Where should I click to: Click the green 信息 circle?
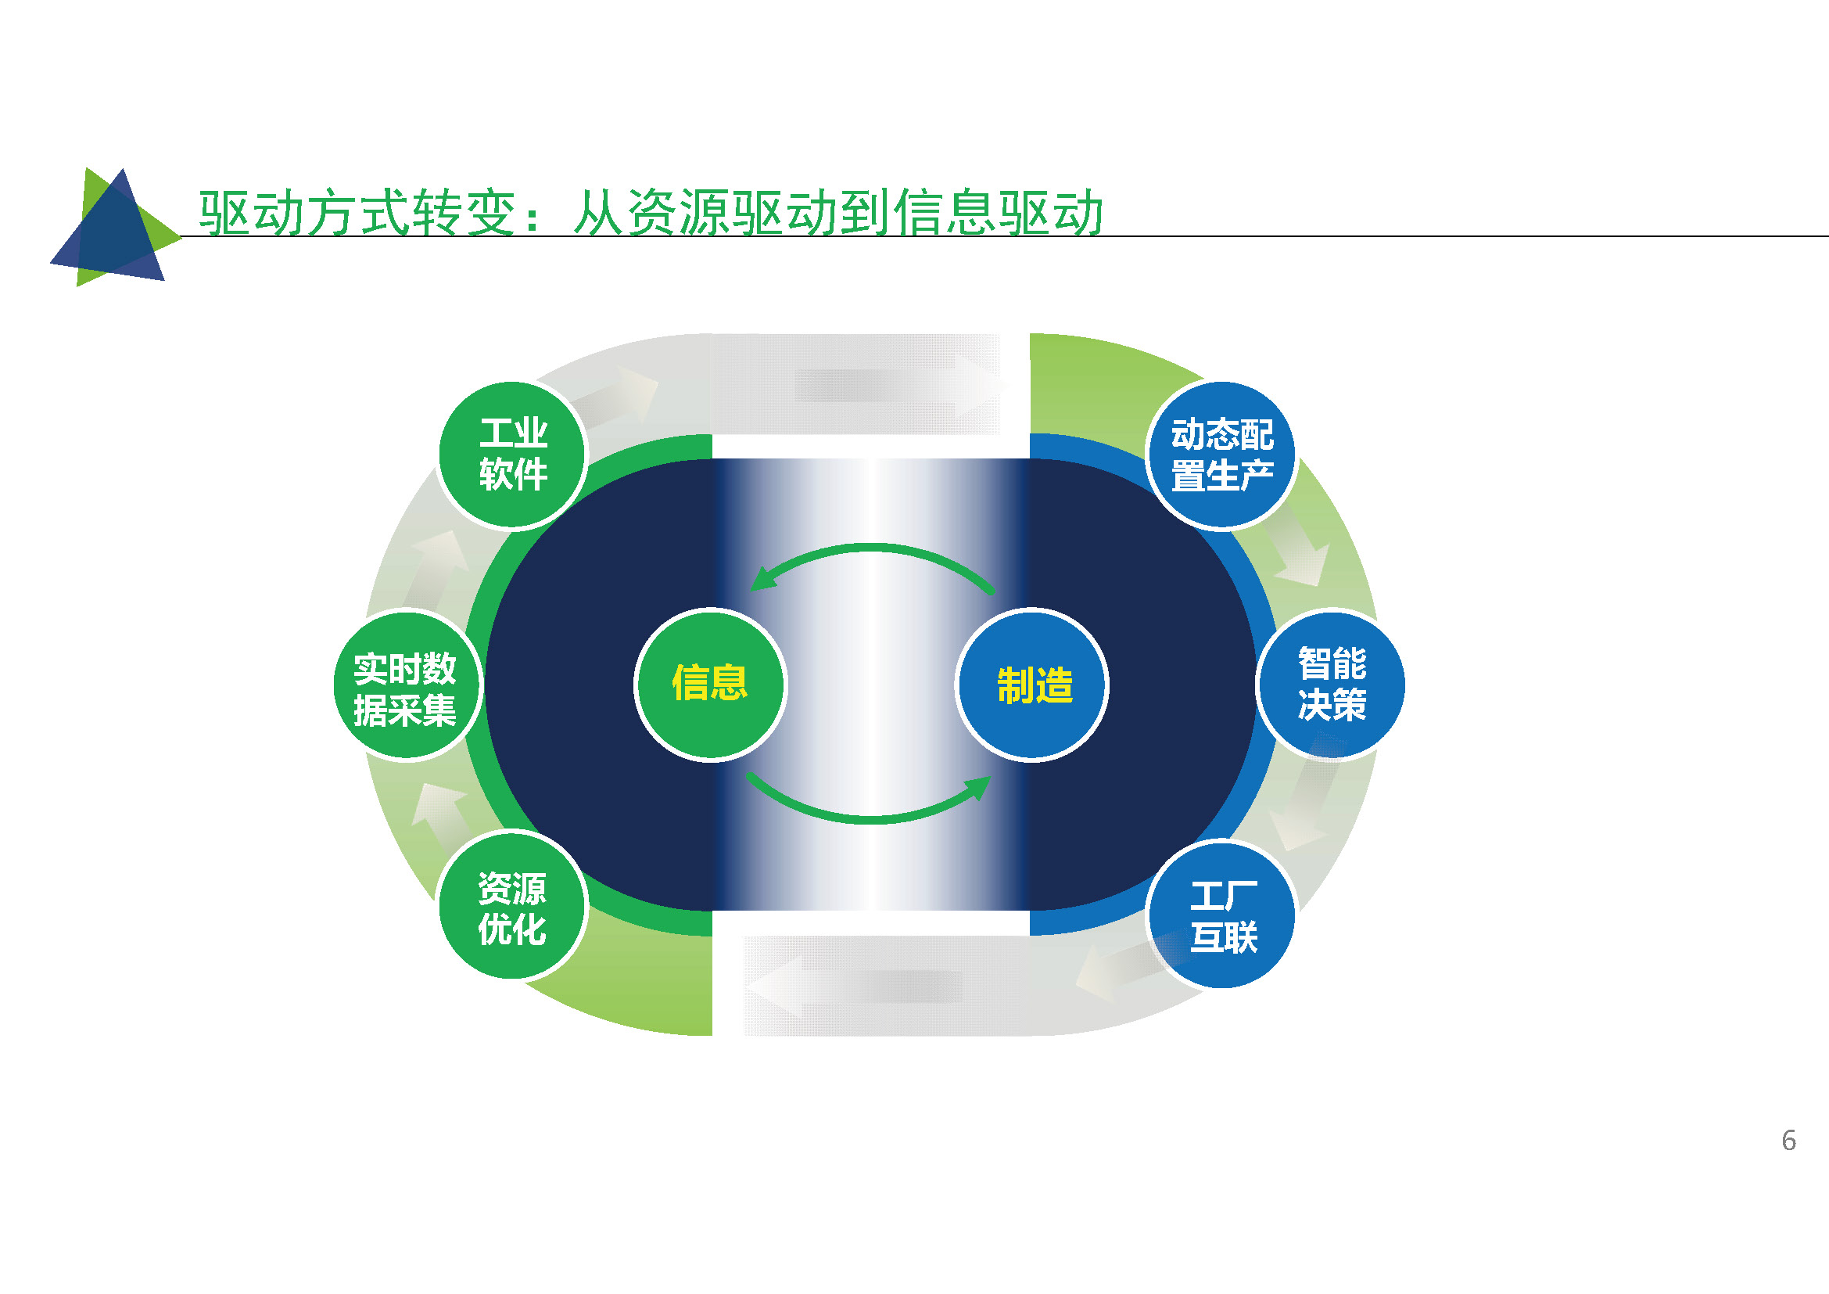click(x=710, y=685)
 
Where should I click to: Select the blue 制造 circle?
click(x=1031, y=685)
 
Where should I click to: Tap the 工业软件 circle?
click(x=512, y=455)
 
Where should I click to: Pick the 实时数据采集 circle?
click(x=407, y=685)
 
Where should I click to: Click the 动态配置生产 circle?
click(x=1221, y=455)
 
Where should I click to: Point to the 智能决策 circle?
click(x=1331, y=685)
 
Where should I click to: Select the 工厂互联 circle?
click(x=1221, y=914)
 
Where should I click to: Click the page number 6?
click(x=1788, y=1140)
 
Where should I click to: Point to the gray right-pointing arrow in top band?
click(x=900, y=386)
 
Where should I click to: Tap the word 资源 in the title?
click(x=678, y=214)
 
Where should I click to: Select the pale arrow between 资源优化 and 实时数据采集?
click(x=440, y=815)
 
